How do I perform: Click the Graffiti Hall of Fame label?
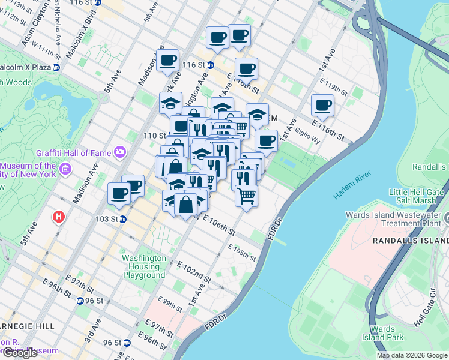click(x=74, y=153)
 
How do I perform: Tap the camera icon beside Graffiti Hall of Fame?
click(x=120, y=152)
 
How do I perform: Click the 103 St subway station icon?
click(x=122, y=220)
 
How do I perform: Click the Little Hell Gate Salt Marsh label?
click(x=418, y=197)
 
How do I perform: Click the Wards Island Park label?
click(x=382, y=333)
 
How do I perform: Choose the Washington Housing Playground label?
click(x=144, y=266)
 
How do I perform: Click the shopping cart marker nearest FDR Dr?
click(x=246, y=194)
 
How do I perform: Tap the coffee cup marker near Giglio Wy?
click(x=322, y=106)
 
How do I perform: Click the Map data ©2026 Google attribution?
click(x=412, y=355)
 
